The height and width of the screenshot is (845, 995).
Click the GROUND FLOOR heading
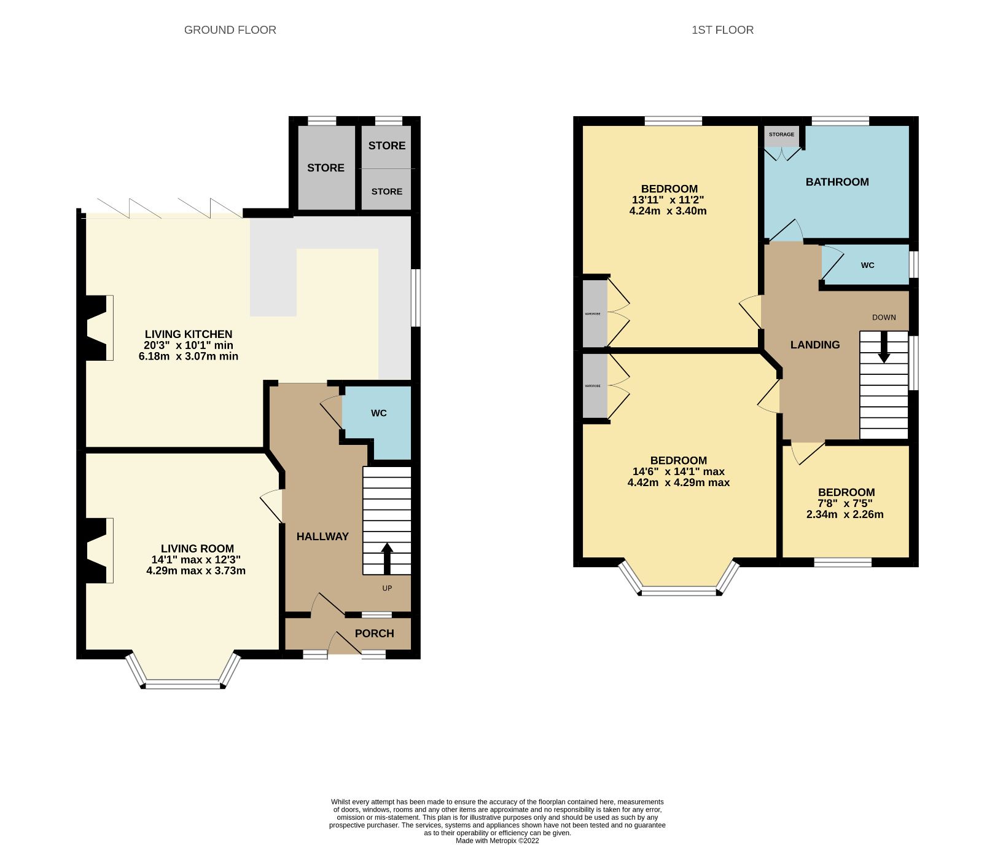click(x=230, y=29)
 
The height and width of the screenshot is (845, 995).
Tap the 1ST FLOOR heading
click(x=722, y=29)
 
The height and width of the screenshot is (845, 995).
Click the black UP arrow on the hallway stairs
click(x=387, y=557)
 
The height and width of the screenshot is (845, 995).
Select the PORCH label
click(x=374, y=634)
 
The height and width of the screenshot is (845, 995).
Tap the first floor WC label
click(x=867, y=265)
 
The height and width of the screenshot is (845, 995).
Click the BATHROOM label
click(x=837, y=182)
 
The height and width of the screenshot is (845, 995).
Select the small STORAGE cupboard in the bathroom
click(x=781, y=135)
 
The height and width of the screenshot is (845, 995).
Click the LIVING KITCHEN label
click(x=189, y=334)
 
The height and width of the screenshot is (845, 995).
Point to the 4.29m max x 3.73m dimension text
click(x=196, y=571)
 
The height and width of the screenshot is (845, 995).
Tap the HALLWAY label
click(x=322, y=536)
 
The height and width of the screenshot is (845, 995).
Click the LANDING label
click(x=814, y=345)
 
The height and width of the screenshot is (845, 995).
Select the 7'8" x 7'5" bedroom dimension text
click(x=846, y=503)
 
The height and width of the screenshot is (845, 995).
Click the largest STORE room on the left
click(x=326, y=168)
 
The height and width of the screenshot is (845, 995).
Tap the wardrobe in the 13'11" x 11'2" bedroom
click(x=593, y=313)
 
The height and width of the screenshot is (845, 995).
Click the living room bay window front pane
click(x=182, y=684)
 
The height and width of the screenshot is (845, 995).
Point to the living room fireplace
click(x=97, y=550)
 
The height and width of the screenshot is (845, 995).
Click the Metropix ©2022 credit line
click(x=497, y=840)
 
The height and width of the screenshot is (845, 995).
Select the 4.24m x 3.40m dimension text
click(x=668, y=211)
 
